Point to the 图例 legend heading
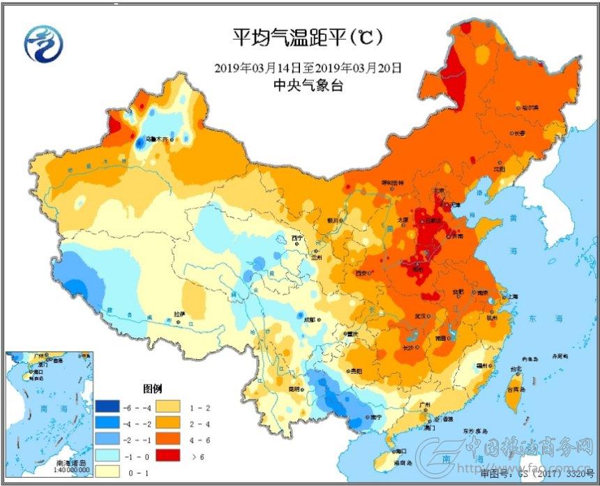pyautogui.click(x=153, y=388)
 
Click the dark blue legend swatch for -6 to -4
pyautogui.click(x=107, y=406)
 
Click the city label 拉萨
pyautogui.click(x=180, y=314)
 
